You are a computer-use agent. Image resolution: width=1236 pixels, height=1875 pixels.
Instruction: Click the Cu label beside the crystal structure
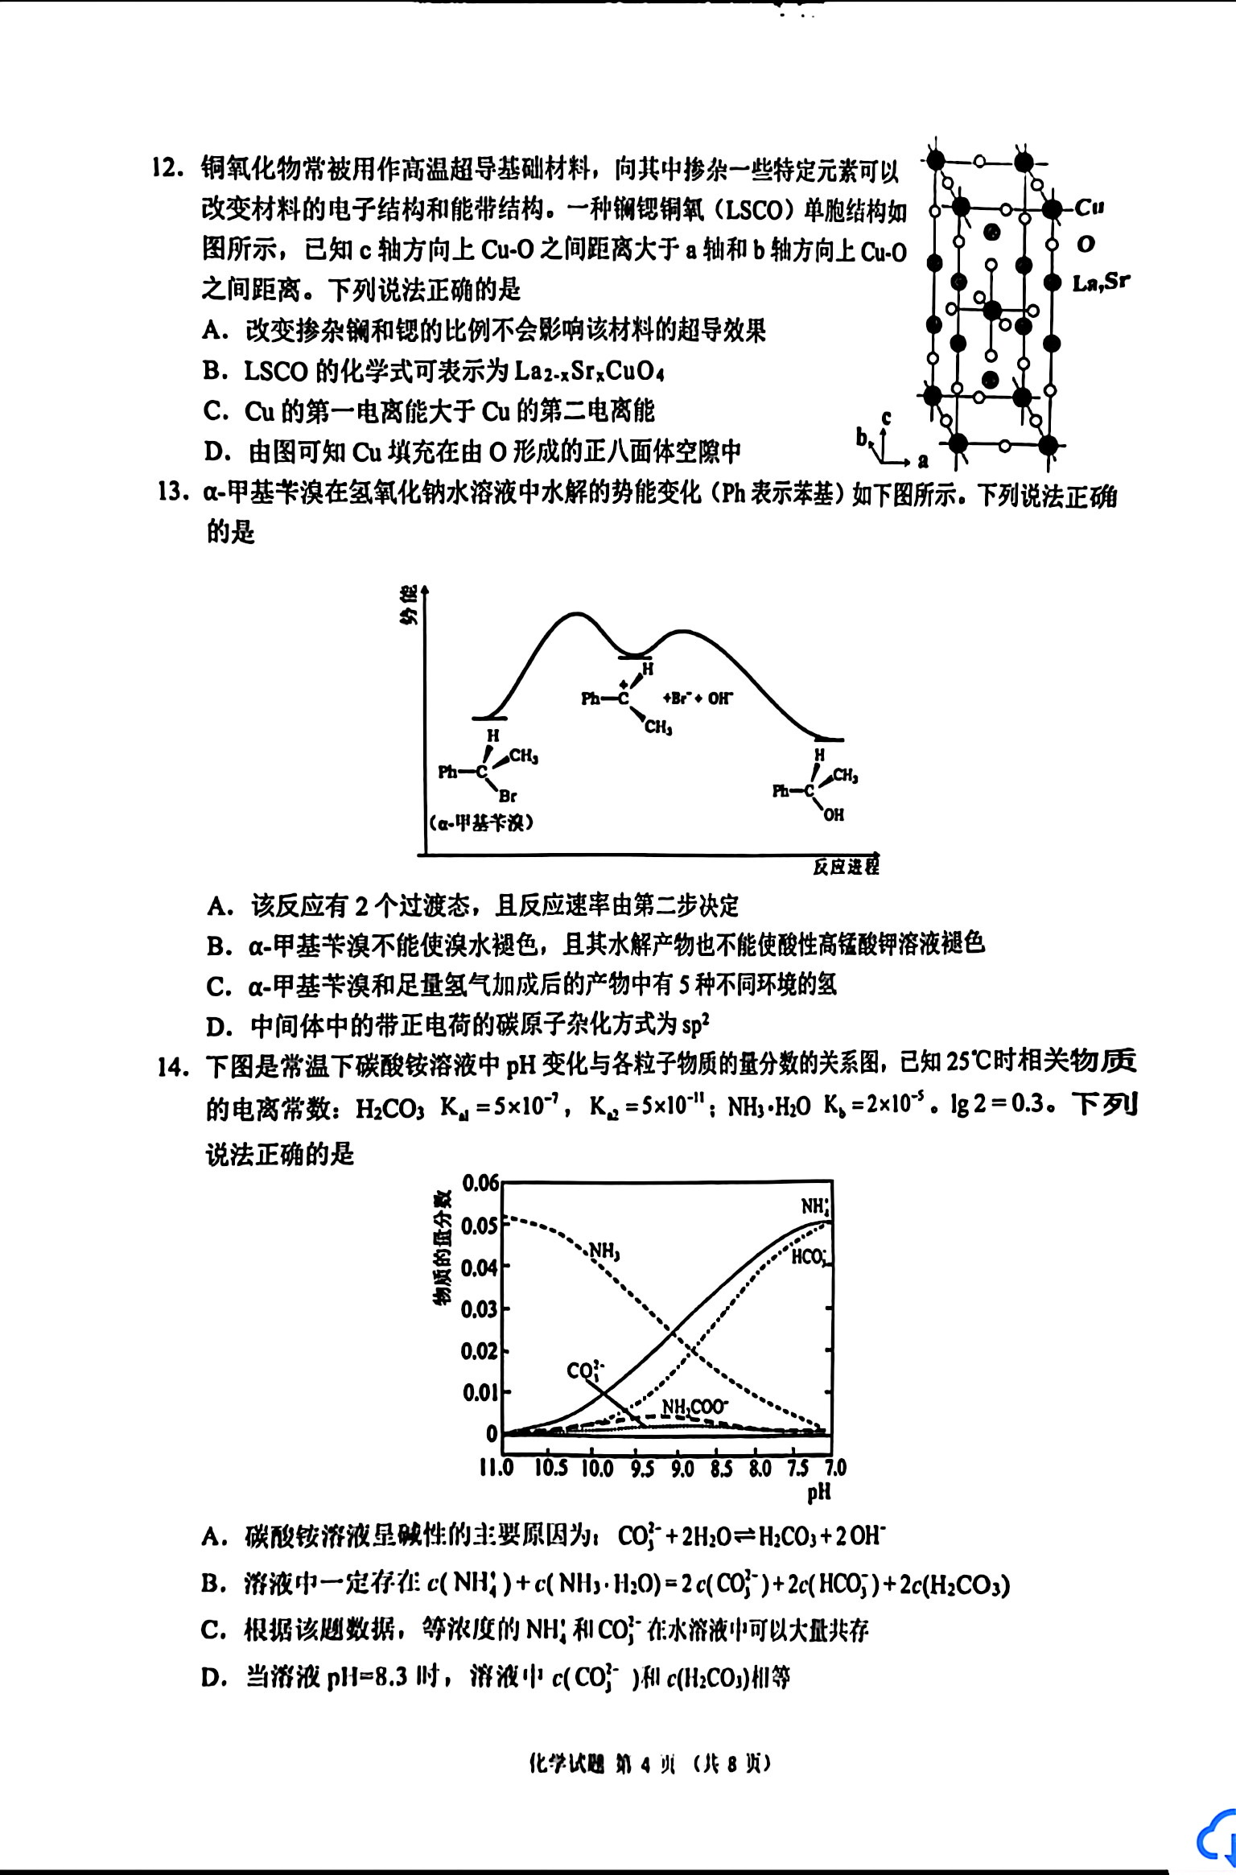point(1090,208)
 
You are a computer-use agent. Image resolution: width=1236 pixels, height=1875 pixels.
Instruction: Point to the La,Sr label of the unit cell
point(1101,282)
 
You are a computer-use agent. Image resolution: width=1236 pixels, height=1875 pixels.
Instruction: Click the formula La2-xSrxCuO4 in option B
point(589,371)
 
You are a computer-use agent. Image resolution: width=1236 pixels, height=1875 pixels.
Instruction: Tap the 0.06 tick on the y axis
point(480,1183)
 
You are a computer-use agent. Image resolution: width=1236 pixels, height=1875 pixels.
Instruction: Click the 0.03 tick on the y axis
point(480,1309)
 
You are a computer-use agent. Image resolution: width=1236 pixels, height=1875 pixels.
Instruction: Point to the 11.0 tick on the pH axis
point(496,1468)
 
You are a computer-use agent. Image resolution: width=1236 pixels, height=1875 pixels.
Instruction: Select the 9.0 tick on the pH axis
point(682,1468)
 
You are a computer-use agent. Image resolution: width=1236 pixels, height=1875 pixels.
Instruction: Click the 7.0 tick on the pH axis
point(834,1468)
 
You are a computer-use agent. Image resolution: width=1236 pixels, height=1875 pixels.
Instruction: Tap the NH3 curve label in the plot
point(604,1251)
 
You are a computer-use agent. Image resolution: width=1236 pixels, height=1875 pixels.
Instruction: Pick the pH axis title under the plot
point(818,1493)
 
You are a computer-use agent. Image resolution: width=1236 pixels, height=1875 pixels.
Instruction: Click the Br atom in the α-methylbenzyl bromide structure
point(507,797)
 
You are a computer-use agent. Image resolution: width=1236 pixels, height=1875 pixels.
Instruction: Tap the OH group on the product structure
point(834,814)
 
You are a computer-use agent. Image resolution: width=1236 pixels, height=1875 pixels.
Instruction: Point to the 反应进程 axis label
point(845,867)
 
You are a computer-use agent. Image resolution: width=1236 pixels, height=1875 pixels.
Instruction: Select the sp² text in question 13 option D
point(695,1026)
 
